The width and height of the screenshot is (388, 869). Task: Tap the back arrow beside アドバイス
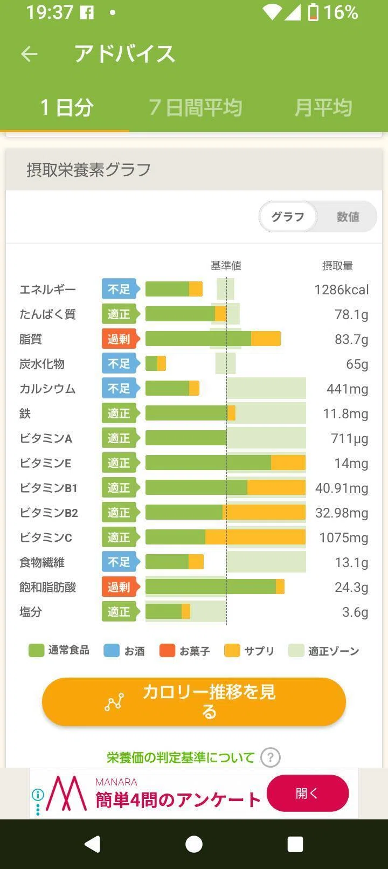(x=29, y=53)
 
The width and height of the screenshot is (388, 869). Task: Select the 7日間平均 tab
(x=196, y=107)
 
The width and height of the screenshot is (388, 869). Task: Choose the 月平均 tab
(x=323, y=107)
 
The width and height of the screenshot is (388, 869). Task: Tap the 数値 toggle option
(x=348, y=217)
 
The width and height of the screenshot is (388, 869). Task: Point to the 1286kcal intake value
(x=342, y=290)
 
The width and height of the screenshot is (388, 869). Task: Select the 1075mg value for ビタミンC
(x=343, y=537)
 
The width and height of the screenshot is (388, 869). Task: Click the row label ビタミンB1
(x=48, y=488)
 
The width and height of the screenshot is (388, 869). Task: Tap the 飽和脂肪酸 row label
(x=48, y=588)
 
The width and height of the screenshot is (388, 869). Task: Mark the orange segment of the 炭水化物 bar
(x=162, y=363)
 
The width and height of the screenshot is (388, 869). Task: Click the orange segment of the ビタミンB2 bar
(x=264, y=513)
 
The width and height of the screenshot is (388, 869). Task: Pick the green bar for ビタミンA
(x=186, y=438)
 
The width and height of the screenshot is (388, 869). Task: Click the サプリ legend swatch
(x=232, y=651)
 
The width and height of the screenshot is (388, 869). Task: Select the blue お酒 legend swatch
(x=112, y=651)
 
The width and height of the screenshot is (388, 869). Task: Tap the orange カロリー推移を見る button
(x=194, y=702)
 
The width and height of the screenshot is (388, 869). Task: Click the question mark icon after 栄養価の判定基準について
(x=271, y=757)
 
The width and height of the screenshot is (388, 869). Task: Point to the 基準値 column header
(x=226, y=266)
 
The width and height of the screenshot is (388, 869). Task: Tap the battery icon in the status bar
(x=313, y=12)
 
